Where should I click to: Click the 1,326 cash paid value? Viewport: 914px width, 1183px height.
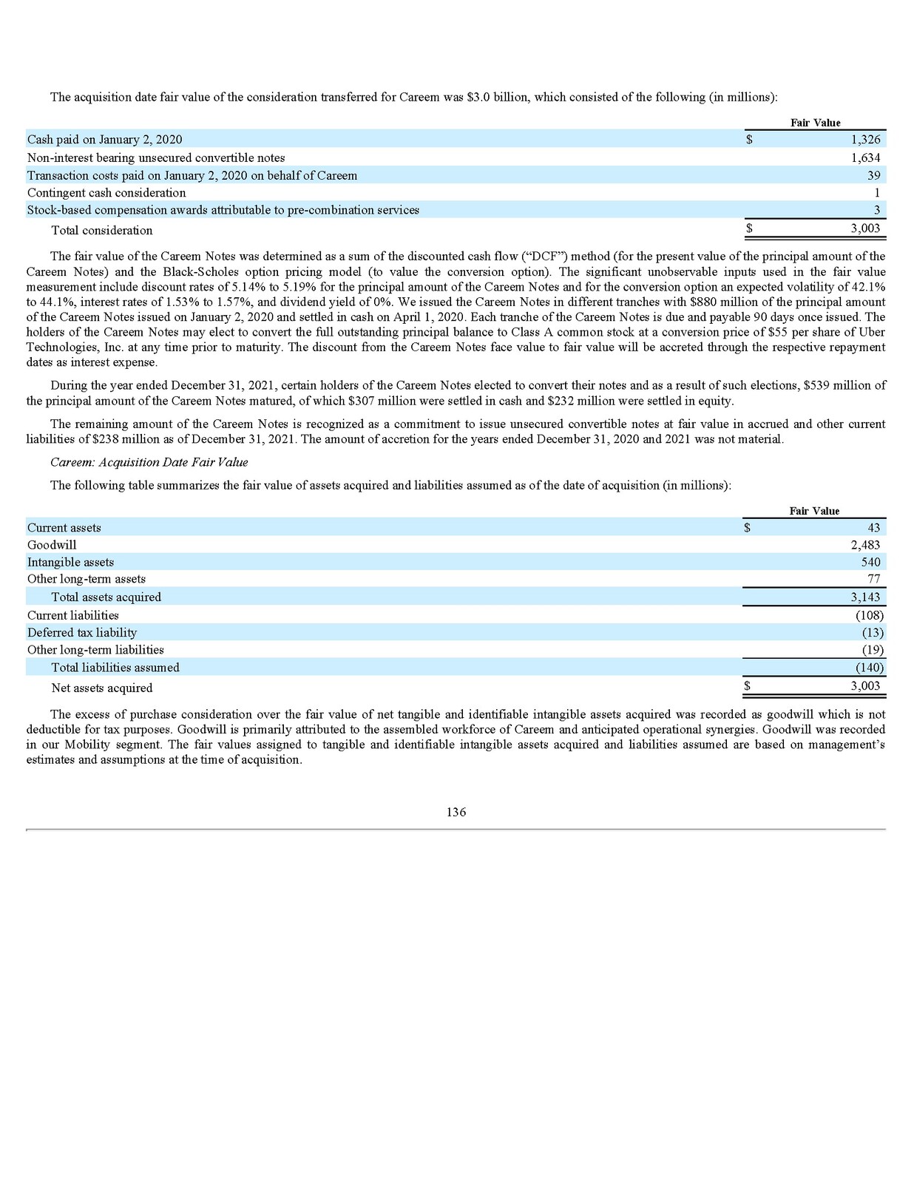click(865, 140)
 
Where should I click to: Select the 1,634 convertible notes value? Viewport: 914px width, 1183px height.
click(865, 157)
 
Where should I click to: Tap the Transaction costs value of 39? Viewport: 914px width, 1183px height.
click(873, 175)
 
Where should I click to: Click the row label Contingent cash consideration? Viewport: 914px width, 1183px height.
click(106, 193)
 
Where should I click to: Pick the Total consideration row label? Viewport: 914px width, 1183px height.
click(102, 231)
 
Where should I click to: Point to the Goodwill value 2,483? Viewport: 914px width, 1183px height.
click(865, 545)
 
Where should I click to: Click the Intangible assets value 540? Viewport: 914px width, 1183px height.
click(870, 562)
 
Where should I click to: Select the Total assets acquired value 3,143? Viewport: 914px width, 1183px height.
click(865, 597)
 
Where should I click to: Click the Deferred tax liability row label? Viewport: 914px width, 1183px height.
click(82, 632)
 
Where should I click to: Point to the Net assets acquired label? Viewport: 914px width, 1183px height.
click(102, 688)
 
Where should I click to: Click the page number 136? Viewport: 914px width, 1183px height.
click(456, 812)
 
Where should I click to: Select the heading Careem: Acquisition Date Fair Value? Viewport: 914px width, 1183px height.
click(149, 462)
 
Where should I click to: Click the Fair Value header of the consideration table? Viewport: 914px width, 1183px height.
click(815, 123)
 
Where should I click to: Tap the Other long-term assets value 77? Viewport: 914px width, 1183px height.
click(873, 579)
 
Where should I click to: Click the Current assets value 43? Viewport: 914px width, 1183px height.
click(873, 528)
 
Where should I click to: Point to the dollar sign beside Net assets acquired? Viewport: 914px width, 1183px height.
click(747, 685)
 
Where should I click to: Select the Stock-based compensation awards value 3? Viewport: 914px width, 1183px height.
click(876, 210)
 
